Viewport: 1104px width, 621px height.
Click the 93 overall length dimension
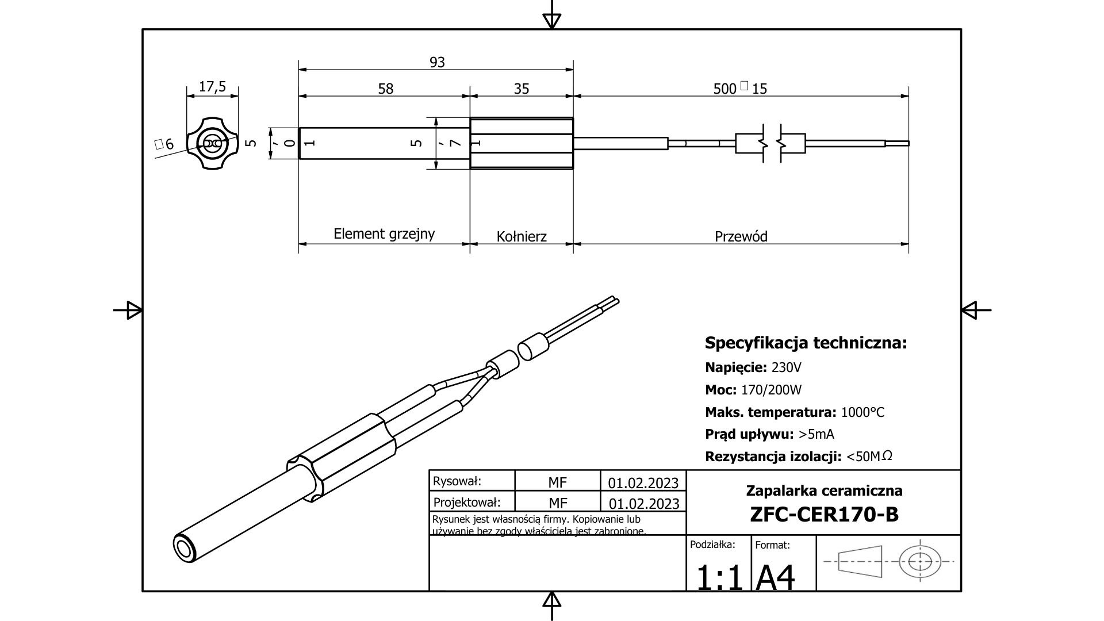pyautogui.click(x=437, y=62)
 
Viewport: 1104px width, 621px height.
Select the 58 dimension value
pyautogui.click(x=386, y=89)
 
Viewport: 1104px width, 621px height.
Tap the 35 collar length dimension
pyautogui.click(x=522, y=89)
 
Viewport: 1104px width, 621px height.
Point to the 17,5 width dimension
pyautogui.click(x=212, y=87)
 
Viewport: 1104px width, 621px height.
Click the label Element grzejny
pyautogui.click(x=384, y=234)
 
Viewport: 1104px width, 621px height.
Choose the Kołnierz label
pyautogui.click(x=522, y=236)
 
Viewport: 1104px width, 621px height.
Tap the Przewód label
pyautogui.click(x=741, y=236)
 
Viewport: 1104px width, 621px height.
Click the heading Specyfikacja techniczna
pyautogui.click(x=806, y=343)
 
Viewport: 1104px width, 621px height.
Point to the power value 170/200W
pyautogui.click(x=771, y=390)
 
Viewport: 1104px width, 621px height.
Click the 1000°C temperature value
pyautogui.click(x=862, y=412)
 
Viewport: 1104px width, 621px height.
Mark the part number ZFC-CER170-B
pyautogui.click(x=824, y=514)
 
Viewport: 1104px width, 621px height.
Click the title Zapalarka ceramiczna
pyautogui.click(x=824, y=490)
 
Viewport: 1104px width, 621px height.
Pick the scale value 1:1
pyautogui.click(x=719, y=577)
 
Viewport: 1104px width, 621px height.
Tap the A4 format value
pyautogui.click(x=775, y=577)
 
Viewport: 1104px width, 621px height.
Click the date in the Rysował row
pyautogui.click(x=643, y=482)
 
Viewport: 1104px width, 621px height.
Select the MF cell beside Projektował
pyautogui.click(x=558, y=504)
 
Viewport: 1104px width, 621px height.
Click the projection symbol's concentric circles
pyautogui.click(x=920, y=561)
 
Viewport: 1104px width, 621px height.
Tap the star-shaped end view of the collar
pyautogui.click(x=212, y=143)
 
